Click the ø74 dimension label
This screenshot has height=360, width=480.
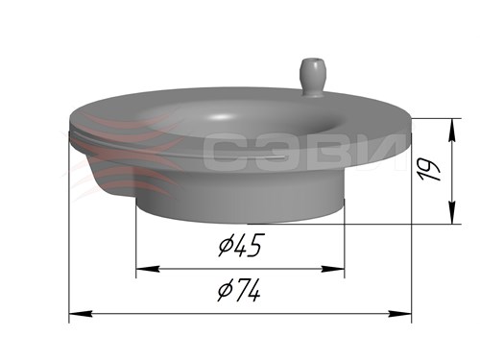coord(239,290)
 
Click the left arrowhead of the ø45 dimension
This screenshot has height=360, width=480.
coord(148,269)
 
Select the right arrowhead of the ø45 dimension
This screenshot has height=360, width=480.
coord(333,269)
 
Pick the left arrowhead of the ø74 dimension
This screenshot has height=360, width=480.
coord(81,314)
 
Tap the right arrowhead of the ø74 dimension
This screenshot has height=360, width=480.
coord(399,314)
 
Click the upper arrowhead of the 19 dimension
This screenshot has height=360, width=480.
coord(452,130)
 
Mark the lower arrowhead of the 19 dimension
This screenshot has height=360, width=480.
coord(452,212)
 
